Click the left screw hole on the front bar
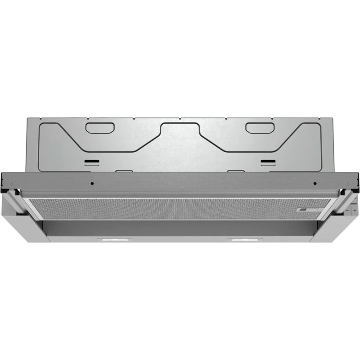(91, 184)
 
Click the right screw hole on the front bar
(315, 184)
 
